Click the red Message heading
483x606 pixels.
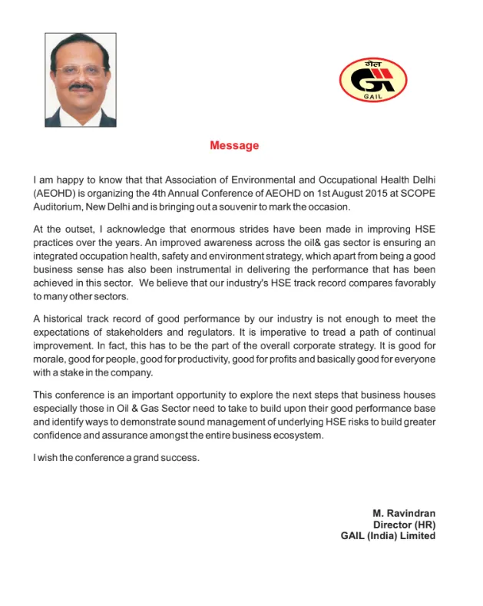coord(234,145)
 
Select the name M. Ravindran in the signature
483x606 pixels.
coord(404,513)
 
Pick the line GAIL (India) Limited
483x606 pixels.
coord(388,536)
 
